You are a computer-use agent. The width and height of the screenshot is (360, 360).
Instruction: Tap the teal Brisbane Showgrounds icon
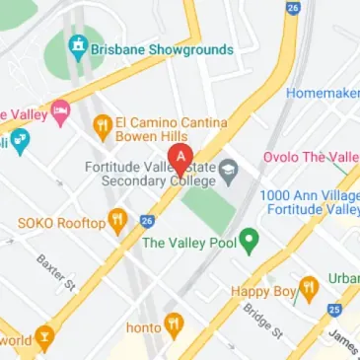pyautogui.click(x=77, y=46)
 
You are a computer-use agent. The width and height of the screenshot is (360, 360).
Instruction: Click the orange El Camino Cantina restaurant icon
pyautogui.click(x=101, y=125)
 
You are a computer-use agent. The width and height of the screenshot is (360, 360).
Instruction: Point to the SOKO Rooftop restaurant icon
pyautogui.click(x=119, y=221)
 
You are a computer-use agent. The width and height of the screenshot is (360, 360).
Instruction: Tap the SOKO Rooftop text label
pyautogui.click(x=61, y=224)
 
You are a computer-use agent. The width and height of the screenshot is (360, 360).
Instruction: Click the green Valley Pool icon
pyautogui.click(x=250, y=238)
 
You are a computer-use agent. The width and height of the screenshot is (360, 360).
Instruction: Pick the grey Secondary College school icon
pyautogui.click(x=228, y=170)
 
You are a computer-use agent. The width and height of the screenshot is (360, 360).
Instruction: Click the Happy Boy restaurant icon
pyautogui.click(x=308, y=289)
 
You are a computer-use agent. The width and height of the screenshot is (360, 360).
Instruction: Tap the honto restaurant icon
pyautogui.click(x=174, y=322)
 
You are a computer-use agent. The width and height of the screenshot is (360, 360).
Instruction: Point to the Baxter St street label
pyautogui.click(x=56, y=272)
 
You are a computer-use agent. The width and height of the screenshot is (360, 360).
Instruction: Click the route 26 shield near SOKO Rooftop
pyautogui.click(x=147, y=220)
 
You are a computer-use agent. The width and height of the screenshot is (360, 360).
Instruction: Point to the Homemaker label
pyautogui.click(x=323, y=93)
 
